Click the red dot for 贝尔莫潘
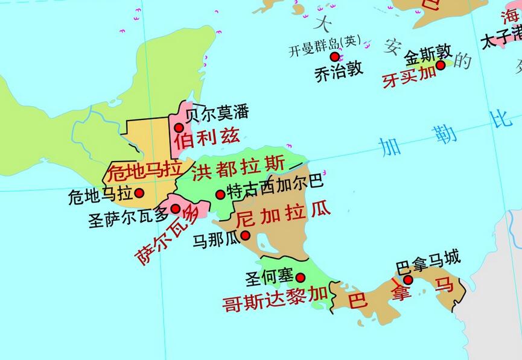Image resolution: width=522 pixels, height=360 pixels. (179, 127)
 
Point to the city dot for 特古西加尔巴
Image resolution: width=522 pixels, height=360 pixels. (221, 194)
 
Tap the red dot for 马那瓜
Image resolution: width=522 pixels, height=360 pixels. (246, 235)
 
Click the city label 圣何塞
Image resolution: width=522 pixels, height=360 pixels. (269, 277)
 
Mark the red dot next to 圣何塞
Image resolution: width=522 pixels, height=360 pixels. (301, 277)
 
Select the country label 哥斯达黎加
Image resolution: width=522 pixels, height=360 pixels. (275, 298)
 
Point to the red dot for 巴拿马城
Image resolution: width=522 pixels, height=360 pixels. (408, 280)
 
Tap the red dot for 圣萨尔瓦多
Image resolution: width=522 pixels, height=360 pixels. (176, 209)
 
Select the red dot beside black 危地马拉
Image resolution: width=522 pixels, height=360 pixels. (139, 193)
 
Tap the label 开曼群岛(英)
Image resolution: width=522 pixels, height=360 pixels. (324, 45)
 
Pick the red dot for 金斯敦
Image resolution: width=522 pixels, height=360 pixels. (441, 65)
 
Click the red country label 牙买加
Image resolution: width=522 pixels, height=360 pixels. (409, 77)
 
